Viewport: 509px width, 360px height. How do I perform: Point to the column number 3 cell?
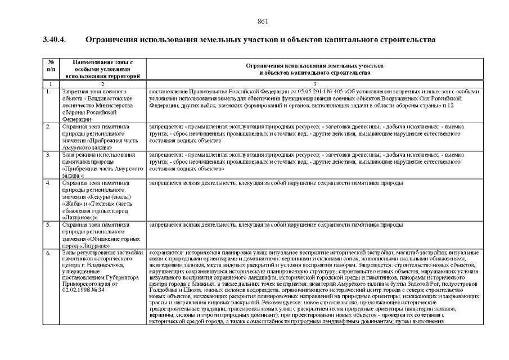pos(314,84)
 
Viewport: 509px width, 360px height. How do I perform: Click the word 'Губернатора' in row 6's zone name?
pos(120,276)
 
